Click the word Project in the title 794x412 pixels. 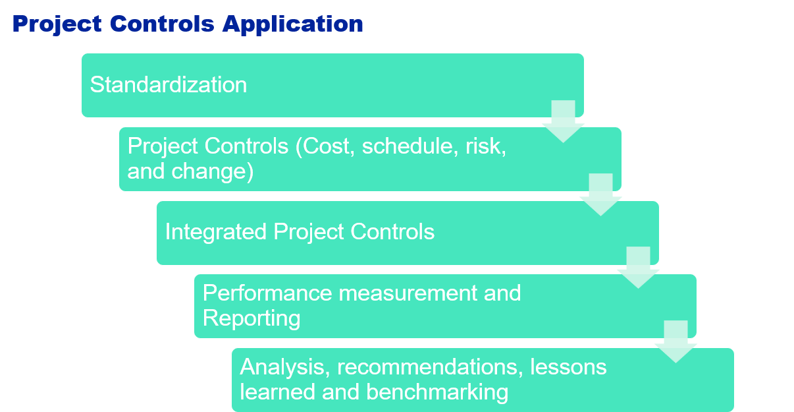[x=57, y=25]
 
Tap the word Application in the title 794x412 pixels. [x=293, y=25]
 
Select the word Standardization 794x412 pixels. [x=169, y=85]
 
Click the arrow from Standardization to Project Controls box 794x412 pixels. [x=564, y=122]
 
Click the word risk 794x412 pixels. [x=486, y=146]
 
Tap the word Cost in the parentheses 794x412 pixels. [x=325, y=146]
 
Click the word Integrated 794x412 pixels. [x=216, y=233]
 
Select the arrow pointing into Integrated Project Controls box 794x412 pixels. [x=601, y=195]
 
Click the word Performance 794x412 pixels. [x=267, y=293]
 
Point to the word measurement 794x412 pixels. [x=408, y=293]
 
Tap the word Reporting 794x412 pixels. [x=251, y=318]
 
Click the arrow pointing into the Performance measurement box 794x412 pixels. [x=639, y=268]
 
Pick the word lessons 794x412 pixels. [x=569, y=367]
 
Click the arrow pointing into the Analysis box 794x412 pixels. [x=676, y=341]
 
